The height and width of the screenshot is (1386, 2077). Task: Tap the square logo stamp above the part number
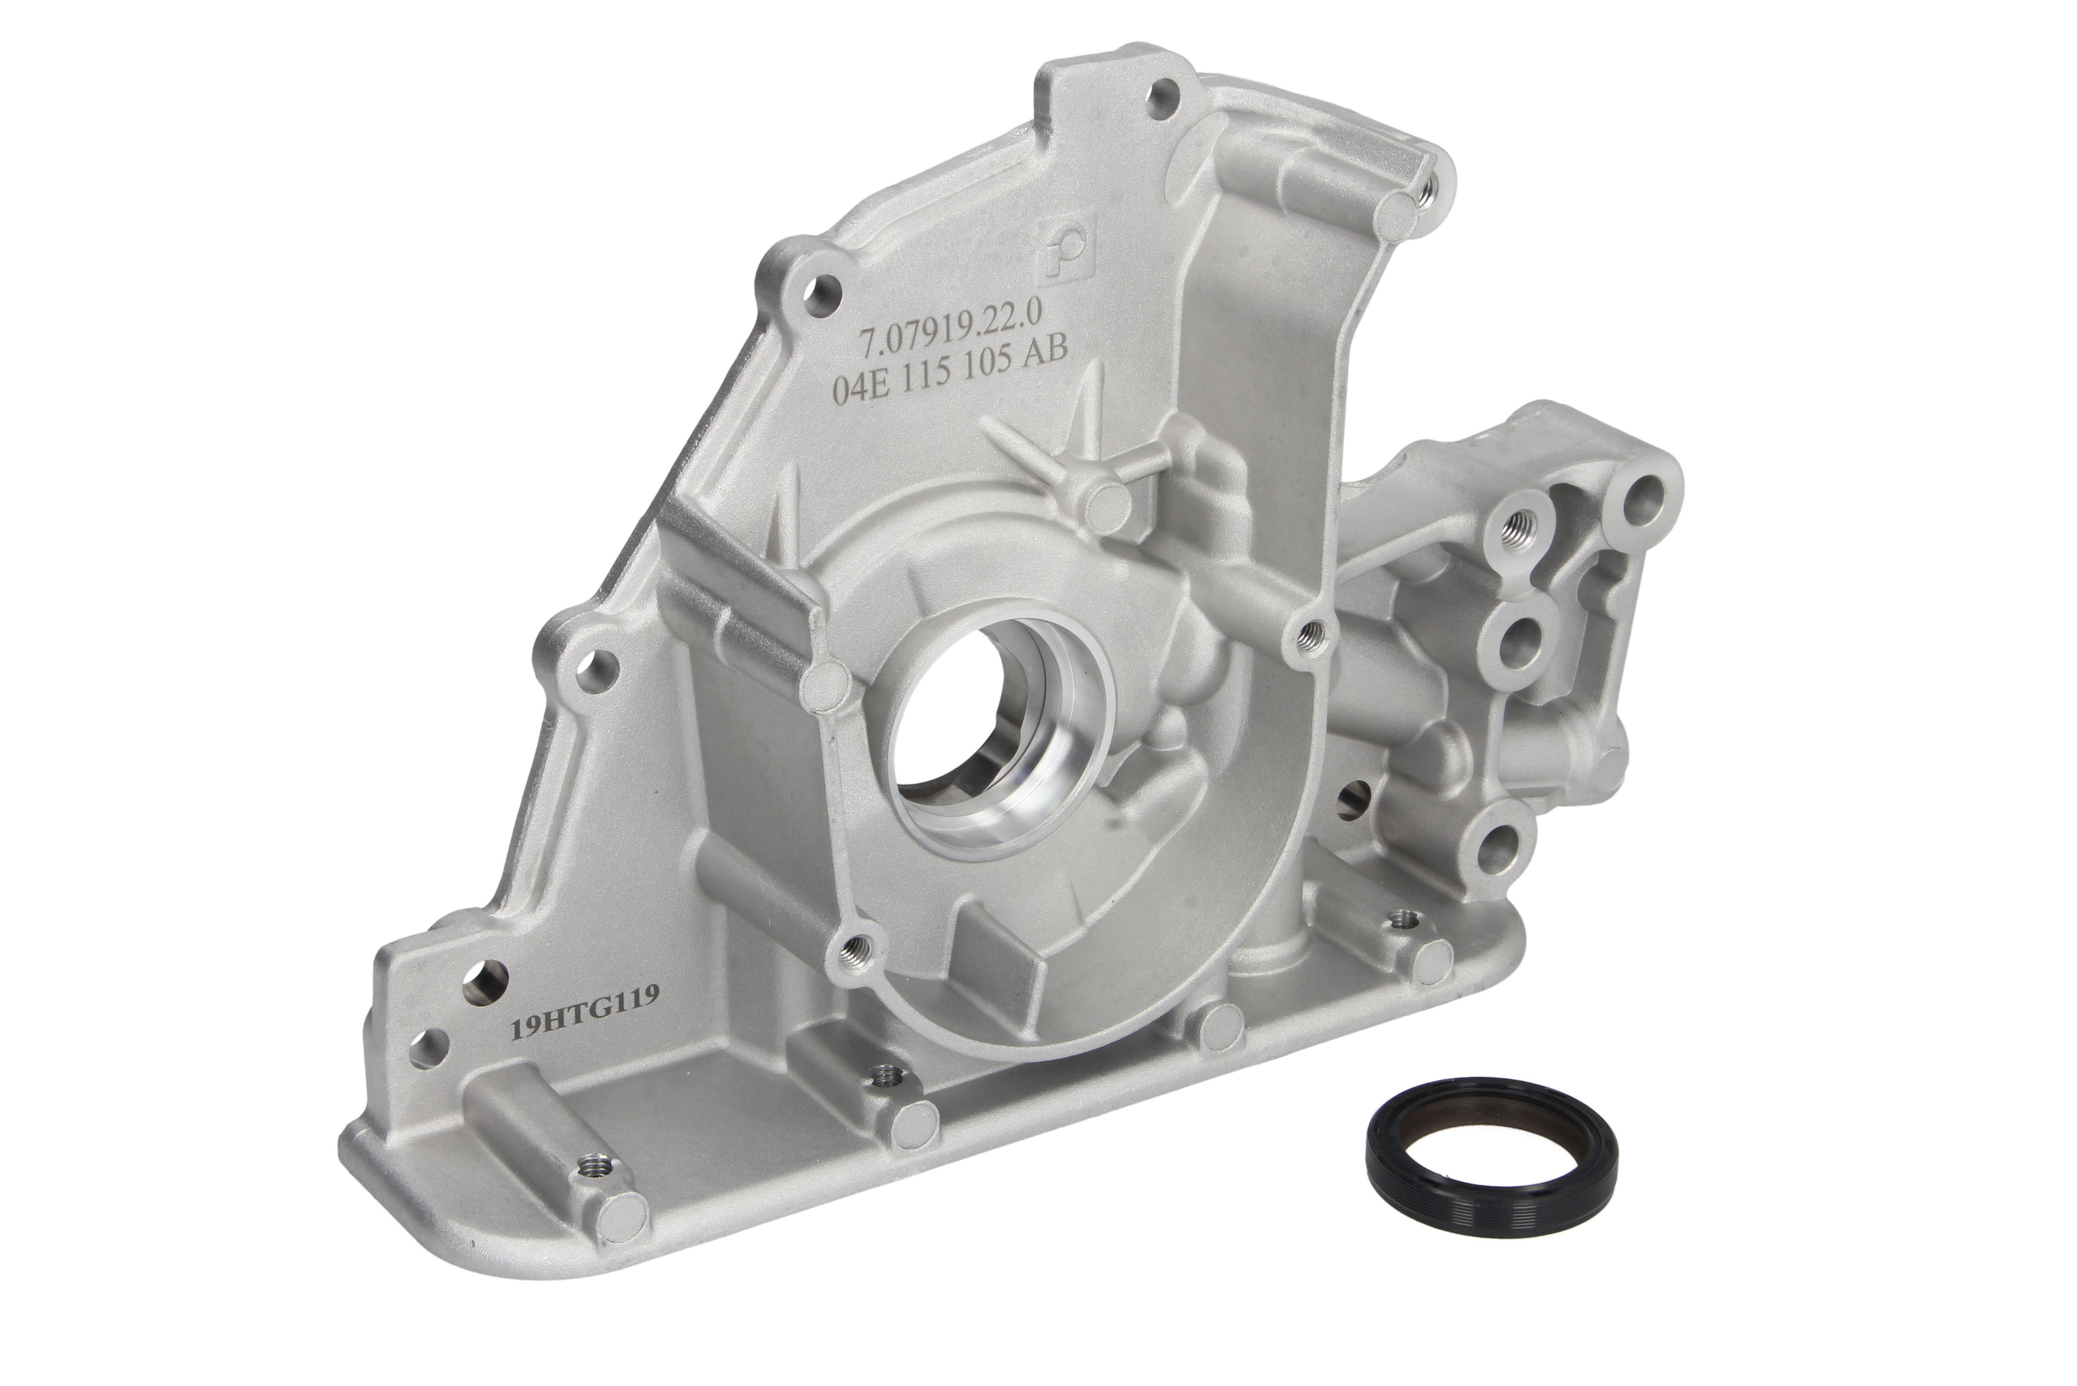coord(1059,257)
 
